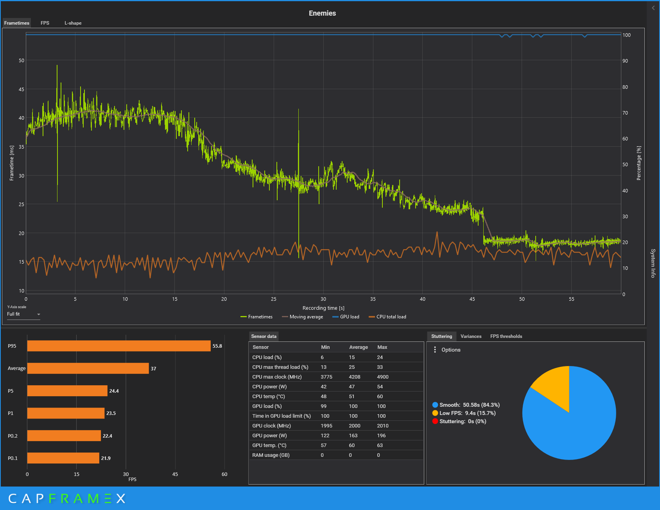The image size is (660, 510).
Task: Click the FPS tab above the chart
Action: (45, 23)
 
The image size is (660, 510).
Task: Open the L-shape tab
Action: (73, 23)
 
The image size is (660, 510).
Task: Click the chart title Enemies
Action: (322, 13)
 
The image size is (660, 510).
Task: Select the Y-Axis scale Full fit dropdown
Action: (23, 314)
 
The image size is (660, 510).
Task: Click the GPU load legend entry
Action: (346, 317)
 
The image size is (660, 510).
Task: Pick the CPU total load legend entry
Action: (387, 317)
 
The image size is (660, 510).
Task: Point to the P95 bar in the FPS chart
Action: (119, 346)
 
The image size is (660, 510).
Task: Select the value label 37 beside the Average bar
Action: (153, 368)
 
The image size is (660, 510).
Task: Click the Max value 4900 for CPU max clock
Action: (383, 377)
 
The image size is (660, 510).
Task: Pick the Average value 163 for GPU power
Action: (353, 436)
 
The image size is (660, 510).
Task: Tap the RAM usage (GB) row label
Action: (271, 455)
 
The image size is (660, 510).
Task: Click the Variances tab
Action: (471, 336)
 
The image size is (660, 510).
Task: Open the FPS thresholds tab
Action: (506, 336)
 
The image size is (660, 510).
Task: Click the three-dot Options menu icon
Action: (435, 350)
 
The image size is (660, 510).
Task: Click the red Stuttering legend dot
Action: (435, 421)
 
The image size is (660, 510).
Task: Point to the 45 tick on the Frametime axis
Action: (22, 89)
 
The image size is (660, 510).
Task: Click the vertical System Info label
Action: (653, 263)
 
